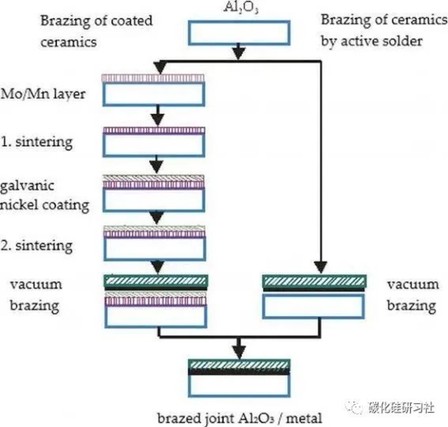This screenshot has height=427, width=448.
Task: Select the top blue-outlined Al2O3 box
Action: pyautogui.click(x=239, y=33)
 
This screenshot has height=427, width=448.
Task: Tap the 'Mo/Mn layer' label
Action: pyautogui.click(x=43, y=93)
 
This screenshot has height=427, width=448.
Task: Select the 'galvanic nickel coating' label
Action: pyautogui.click(x=44, y=195)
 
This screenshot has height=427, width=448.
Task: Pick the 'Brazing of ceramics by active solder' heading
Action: pyautogui.click(x=384, y=31)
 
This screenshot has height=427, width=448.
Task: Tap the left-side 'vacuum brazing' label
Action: pyautogui.click(x=36, y=295)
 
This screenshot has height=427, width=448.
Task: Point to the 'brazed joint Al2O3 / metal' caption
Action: pyautogui.click(x=239, y=417)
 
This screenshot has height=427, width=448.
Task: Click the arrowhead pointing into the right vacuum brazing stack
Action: pyautogui.click(x=318, y=267)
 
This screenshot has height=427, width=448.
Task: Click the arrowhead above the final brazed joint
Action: pyautogui.click(x=239, y=351)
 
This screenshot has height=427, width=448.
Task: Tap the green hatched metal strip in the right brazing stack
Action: pyautogui.click(x=313, y=281)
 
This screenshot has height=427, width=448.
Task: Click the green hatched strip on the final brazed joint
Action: pyautogui.click(x=239, y=365)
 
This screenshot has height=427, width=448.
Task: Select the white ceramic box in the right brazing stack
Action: pyautogui.click(x=313, y=306)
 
